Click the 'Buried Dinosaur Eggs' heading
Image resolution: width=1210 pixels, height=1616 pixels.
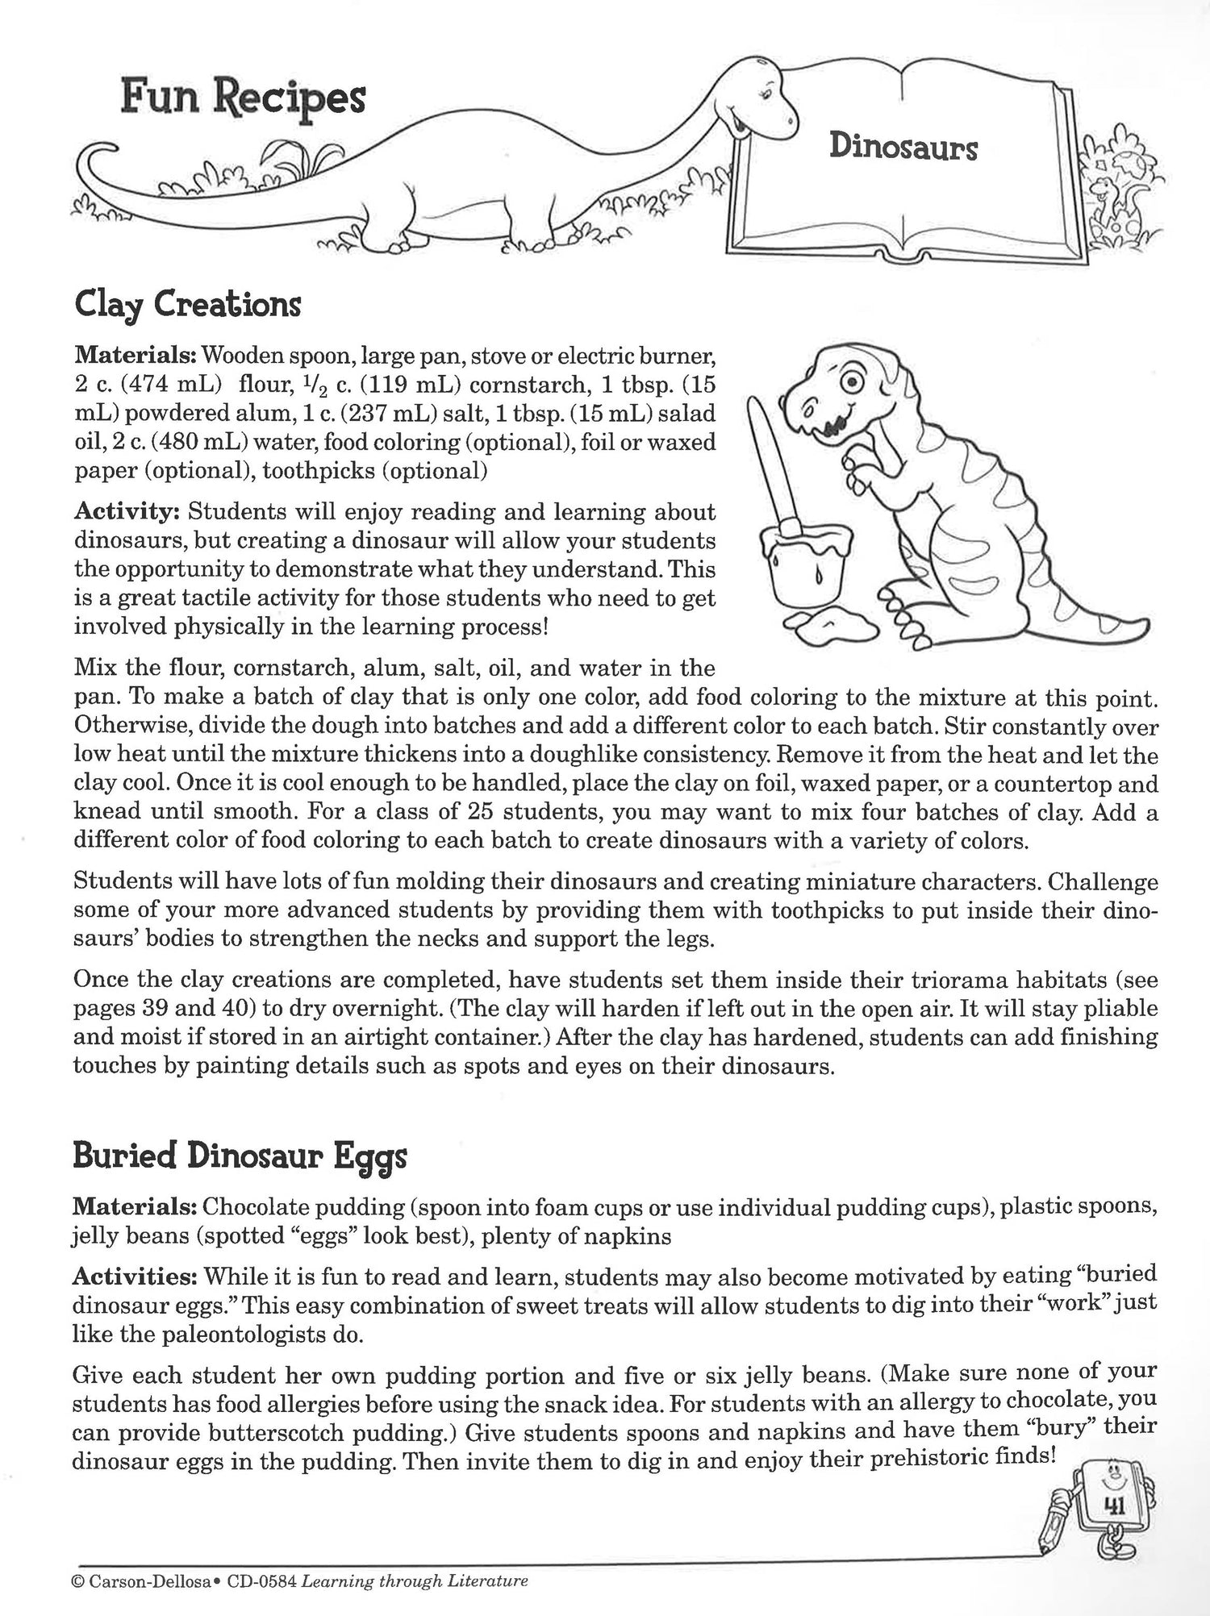(240, 1156)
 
